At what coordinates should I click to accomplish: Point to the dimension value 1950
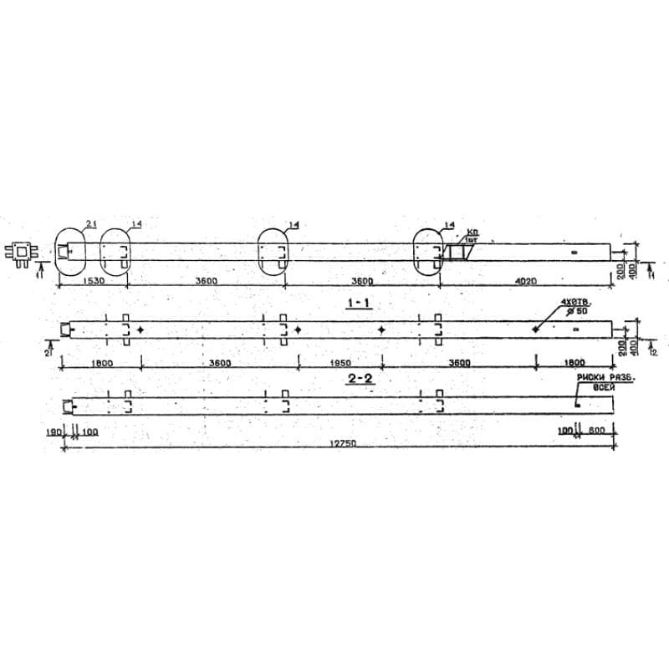[x=338, y=362]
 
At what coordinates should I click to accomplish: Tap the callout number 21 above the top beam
[x=90, y=223]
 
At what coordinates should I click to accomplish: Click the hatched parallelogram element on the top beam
[x=457, y=251]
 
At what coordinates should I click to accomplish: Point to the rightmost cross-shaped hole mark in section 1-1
[x=535, y=329]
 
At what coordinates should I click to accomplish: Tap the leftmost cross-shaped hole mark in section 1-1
[x=140, y=329]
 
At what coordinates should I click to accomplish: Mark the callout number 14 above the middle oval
[x=293, y=224]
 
